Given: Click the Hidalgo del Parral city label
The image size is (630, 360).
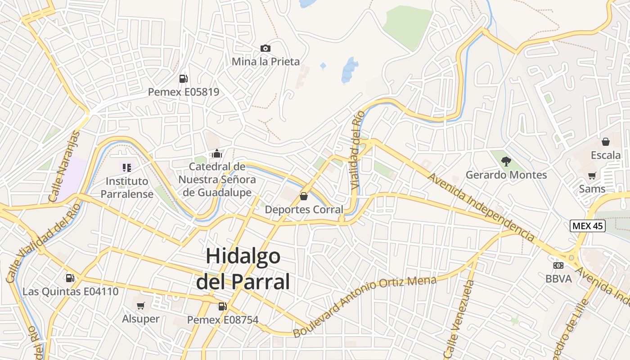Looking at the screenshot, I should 243,269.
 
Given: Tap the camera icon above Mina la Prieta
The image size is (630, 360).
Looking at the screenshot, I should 265,48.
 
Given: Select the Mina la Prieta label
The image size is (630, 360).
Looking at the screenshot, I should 265,62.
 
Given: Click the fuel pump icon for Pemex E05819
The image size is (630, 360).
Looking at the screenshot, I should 183,79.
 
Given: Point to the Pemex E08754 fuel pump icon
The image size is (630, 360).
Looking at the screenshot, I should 222,306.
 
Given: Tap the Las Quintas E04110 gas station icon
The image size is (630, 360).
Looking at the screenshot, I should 70,279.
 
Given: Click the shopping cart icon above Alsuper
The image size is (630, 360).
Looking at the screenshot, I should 141,306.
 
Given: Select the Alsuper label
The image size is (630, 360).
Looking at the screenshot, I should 141,319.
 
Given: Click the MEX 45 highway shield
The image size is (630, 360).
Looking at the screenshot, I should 587,226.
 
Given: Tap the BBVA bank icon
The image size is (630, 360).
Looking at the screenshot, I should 558,265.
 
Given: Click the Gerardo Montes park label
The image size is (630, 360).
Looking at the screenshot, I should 506,175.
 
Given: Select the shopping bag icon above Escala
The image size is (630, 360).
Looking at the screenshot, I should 606,142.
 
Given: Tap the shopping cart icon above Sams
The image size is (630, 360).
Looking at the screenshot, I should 592,175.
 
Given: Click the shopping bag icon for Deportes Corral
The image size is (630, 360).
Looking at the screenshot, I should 304,196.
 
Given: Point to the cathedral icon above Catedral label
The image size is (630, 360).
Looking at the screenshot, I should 217,154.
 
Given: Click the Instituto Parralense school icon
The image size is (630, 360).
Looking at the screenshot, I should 127,168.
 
